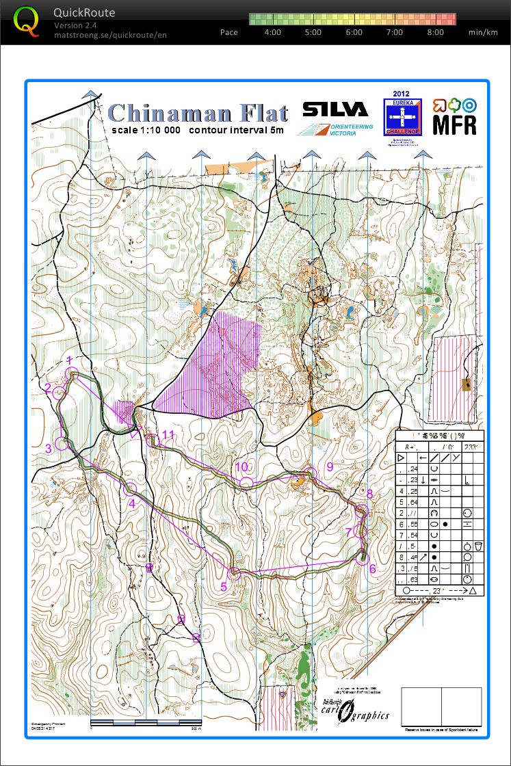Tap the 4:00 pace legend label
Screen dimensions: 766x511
point(272,32)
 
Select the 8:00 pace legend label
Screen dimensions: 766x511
point(435,32)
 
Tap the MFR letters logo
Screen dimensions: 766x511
point(454,124)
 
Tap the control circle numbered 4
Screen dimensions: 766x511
point(130,488)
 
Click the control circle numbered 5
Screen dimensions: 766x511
point(234,572)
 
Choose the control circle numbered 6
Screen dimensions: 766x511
point(364,559)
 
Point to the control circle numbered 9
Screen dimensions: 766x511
point(311,473)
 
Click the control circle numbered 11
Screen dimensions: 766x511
point(152,440)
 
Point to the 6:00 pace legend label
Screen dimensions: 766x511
point(354,32)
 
